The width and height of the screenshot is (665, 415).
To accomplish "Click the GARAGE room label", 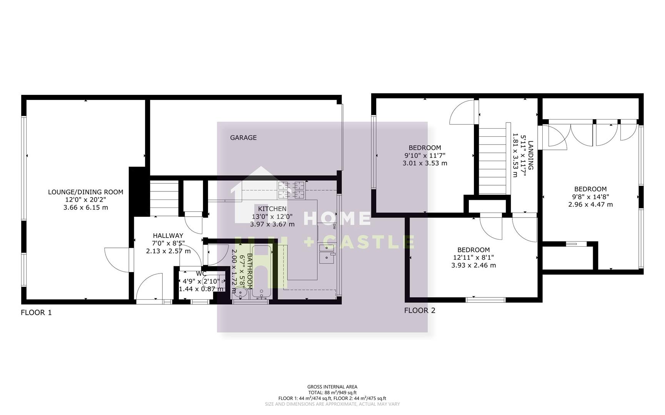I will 243,138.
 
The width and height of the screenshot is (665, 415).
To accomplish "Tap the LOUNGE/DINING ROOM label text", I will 85,192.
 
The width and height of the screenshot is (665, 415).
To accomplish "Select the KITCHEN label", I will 272,209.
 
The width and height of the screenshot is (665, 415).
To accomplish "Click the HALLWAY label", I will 168,236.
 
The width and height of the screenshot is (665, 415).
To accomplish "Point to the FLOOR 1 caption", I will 36,312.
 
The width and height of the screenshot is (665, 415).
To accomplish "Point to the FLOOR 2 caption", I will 420,310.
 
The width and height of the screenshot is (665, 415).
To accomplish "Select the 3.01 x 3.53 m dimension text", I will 425,163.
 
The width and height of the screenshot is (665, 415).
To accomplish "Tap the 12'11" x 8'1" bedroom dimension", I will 473,257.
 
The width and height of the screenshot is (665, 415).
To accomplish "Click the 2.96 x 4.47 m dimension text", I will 590,204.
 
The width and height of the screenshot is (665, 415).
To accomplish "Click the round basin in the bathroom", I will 240,294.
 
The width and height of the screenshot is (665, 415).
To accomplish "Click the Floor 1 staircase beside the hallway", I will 164,198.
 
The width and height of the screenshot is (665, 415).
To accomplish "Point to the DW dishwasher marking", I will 334,226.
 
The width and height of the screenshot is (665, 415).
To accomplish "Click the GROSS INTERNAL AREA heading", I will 332,387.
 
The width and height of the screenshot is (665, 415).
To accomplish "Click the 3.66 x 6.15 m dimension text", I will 85,207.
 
